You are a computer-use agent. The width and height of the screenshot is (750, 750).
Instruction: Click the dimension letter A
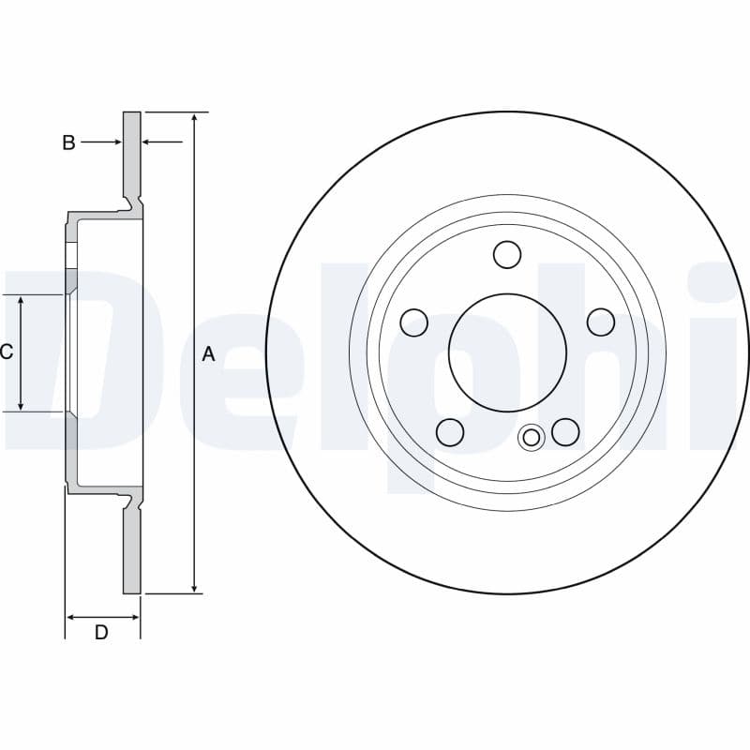point(208,354)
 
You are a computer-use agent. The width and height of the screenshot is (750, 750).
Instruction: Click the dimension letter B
point(68,142)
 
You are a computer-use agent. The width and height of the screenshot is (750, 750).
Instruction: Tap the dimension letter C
point(7,352)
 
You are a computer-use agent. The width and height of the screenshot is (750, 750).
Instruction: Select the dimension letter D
point(101,632)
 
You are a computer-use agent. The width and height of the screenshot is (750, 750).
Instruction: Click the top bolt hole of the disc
point(507,254)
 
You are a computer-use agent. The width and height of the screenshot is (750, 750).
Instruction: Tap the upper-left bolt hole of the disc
point(413,322)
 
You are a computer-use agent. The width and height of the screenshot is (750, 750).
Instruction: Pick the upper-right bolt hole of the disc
point(601,322)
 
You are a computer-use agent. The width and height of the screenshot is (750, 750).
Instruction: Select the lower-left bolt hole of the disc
point(450,432)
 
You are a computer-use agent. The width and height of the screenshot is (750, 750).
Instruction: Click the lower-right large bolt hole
point(565,431)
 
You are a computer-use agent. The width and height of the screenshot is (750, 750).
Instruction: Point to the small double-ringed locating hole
point(531,437)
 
